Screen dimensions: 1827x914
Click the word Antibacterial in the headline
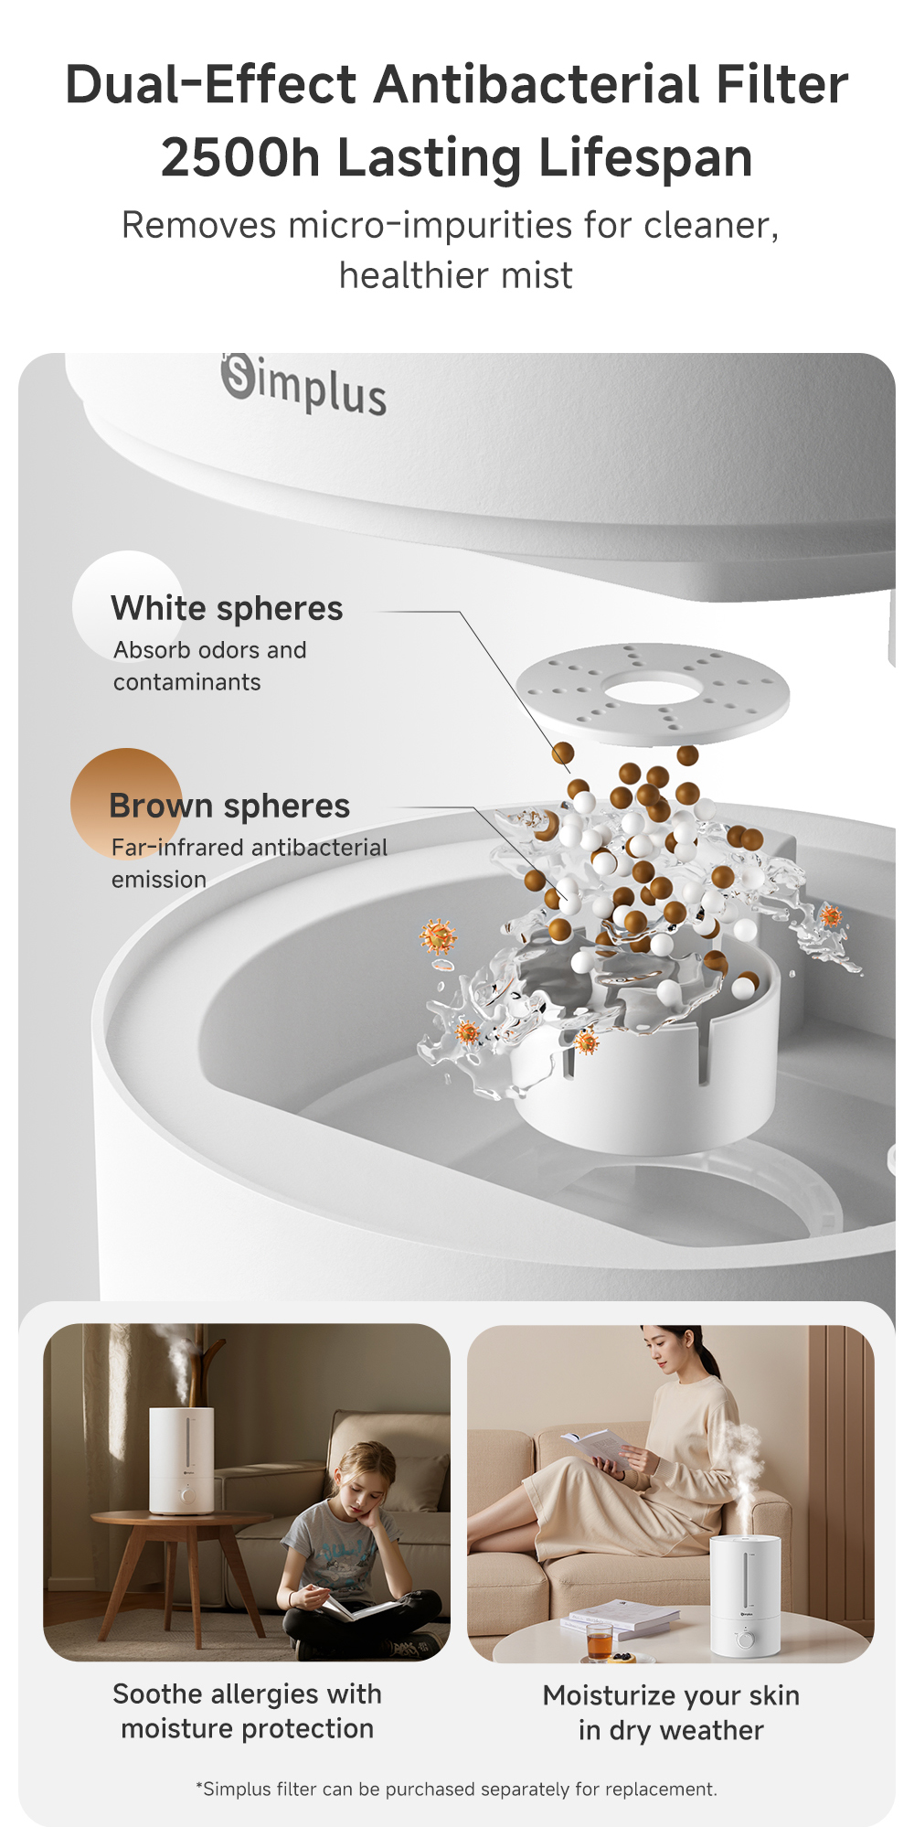(x=538, y=85)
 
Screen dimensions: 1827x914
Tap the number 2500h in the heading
(x=240, y=157)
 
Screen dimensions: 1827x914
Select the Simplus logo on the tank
(x=303, y=385)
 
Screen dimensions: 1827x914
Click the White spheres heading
(x=227, y=609)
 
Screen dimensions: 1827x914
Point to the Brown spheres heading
(x=229, y=807)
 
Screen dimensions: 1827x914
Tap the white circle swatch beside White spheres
(x=127, y=604)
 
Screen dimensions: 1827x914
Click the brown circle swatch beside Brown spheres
(x=125, y=802)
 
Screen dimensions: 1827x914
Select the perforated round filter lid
(x=652, y=692)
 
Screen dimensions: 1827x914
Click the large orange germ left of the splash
(x=438, y=936)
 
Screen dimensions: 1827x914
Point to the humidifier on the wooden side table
(x=182, y=1459)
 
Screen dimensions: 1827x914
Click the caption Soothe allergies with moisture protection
(x=247, y=1712)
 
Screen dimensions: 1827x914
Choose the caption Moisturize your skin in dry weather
(x=671, y=1713)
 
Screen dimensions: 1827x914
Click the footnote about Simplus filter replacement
(x=456, y=1790)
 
